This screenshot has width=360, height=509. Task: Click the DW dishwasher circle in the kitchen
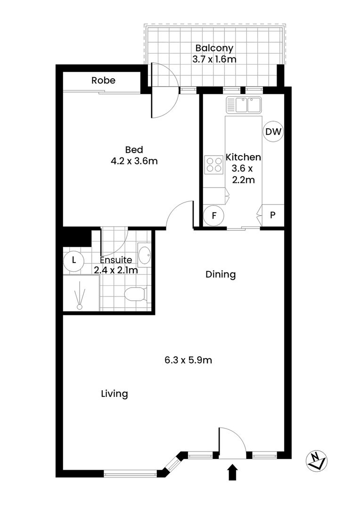pos(273,132)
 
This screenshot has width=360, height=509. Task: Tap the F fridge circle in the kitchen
pos(213,216)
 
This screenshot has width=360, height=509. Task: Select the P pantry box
pos(273,216)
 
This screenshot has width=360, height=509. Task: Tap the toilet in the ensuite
pos(136,295)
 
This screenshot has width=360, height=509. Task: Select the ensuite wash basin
pos(144,255)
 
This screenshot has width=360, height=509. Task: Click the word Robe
pos(103,81)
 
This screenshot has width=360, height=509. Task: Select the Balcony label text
pos(214,48)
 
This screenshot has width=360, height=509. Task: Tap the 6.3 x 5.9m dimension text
pos(188,361)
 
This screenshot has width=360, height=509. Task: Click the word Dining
pos(220,274)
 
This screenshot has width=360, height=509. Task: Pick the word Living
pos(115,394)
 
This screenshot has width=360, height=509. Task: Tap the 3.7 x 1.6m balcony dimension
pos(214,59)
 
